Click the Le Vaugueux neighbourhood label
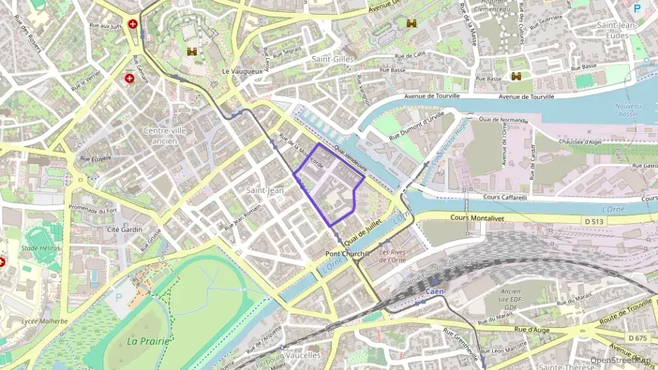(242, 72)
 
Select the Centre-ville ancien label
(164, 136)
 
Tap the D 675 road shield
(638, 338)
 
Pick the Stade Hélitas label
(41, 248)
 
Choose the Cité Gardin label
(124, 229)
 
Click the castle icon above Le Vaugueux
(192, 51)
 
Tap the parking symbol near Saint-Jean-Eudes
(637, 8)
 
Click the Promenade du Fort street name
(92, 210)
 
